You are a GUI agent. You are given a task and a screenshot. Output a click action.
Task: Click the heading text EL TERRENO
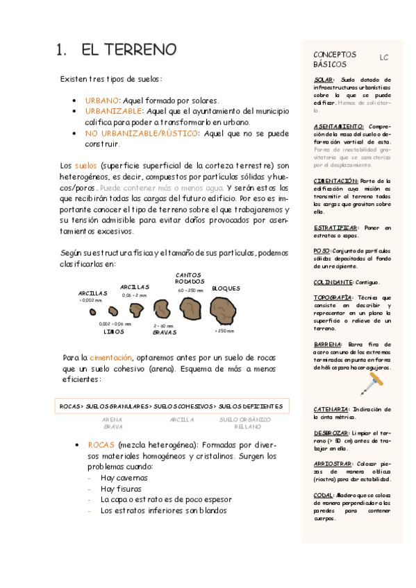pyautogui.click(x=128, y=50)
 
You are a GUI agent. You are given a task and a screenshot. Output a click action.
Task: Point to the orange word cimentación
pyautogui.click(x=111, y=357)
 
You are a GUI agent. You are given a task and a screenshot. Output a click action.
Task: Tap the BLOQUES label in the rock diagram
pyautogui.click(x=226, y=288)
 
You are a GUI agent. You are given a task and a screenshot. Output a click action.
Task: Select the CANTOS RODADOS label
pyautogui.click(x=190, y=278)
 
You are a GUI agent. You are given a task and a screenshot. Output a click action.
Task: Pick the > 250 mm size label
pyautogui.click(x=224, y=331)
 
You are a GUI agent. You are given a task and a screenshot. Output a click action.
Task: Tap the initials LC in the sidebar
pyautogui.click(x=384, y=58)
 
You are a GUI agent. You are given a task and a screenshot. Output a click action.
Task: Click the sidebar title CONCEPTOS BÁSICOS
pyautogui.click(x=335, y=59)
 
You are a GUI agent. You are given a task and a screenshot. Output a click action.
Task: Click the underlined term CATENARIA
pyautogui.click(x=332, y=409)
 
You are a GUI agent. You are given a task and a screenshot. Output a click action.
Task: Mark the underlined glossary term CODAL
pyautogui.click(x=324, y=495)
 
